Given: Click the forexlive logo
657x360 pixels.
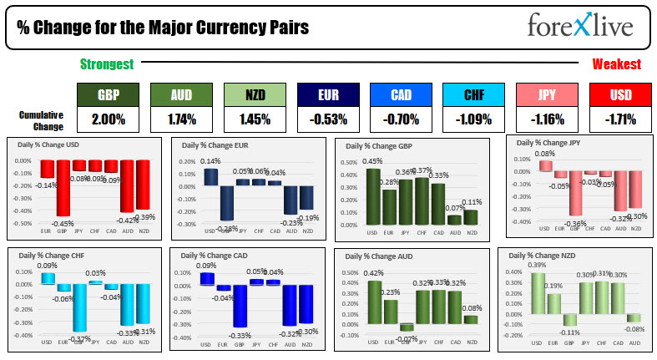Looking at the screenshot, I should point(580,26).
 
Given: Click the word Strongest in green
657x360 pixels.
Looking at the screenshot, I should point(105,64).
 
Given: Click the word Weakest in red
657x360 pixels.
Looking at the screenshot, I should point(616,64).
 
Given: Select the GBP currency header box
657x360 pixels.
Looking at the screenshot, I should point(108,94).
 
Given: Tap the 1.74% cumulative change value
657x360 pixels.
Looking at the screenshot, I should point(181,119).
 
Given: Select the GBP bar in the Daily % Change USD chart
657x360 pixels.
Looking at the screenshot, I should point(62,187).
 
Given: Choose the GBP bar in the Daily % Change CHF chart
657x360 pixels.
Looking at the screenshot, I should point(79,307).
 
